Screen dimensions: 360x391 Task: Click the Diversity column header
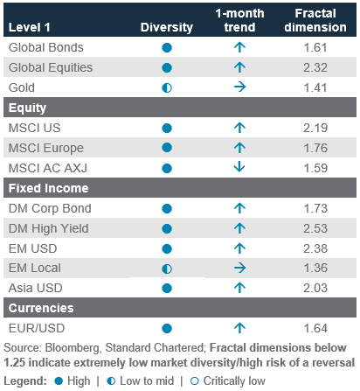(167, 27)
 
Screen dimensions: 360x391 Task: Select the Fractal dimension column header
(315, 20)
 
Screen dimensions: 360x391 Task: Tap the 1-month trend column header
(239, 20)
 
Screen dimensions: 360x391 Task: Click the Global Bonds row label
(46, 47)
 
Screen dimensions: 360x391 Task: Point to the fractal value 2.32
(315, 67)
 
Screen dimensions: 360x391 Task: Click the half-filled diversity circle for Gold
(167, 87)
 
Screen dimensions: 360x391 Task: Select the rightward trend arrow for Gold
(239, 87)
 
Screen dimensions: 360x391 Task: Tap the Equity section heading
(27, 108)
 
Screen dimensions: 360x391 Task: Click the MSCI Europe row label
(46, 148)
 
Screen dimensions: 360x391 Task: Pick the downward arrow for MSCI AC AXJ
(239, 168)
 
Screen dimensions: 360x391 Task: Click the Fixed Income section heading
(48, 188)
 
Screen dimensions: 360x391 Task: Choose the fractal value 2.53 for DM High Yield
(315, 228)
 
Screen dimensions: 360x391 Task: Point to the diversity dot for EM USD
(167, 248)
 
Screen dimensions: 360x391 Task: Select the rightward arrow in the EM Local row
(239, 268)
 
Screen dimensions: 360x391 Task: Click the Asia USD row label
(36, 288)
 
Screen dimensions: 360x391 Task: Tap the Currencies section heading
(41, 308)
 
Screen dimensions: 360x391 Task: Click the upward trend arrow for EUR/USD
(239, 328)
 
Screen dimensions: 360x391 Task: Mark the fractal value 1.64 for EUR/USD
(315, 328)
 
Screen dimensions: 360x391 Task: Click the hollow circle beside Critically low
(194, 381)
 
